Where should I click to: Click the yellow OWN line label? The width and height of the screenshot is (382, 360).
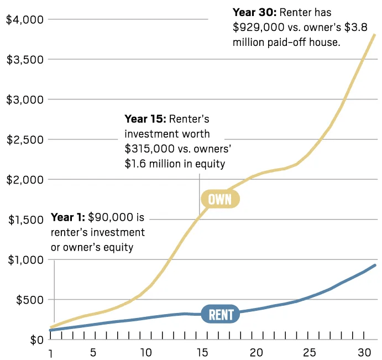[220, 199]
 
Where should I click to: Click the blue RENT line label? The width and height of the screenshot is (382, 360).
[220, 314]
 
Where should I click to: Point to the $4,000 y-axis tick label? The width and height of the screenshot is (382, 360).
[25, 19]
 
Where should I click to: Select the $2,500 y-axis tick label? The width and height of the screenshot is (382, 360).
[25, 139]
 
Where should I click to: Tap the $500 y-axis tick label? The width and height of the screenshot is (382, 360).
[28, 300]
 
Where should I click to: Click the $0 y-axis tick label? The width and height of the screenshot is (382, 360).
[35, 340]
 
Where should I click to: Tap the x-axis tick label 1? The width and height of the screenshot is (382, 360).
[51, 353]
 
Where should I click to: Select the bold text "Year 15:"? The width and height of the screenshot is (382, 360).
[145, 118]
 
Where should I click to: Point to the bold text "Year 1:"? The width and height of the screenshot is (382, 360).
[68, 217]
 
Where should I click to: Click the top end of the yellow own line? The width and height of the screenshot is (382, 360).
[375, 35]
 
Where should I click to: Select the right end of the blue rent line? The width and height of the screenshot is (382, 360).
[375, 265]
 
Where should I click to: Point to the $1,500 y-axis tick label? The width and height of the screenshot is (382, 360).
[25, 220]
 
